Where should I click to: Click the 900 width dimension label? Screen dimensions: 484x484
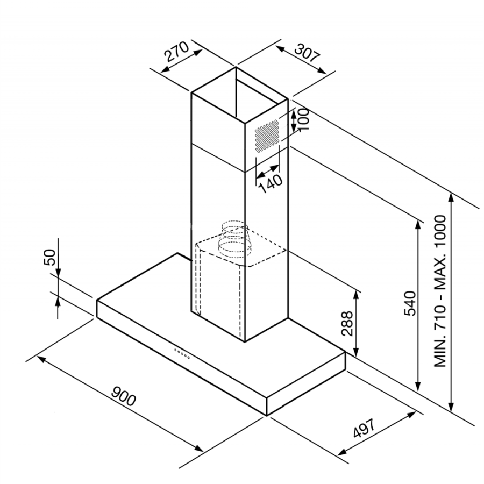pos(123,396)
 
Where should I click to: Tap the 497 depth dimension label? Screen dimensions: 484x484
pos(364,428)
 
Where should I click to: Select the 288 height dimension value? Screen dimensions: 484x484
pos(347,324)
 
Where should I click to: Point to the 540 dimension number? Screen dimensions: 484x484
pos(410,303)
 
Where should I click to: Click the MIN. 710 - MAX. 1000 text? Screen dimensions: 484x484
pos(440,291)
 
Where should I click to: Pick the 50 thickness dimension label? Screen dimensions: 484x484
pos(49,257)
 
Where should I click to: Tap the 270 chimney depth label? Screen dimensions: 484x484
pos(176,51)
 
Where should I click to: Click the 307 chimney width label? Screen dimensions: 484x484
pos(307,53)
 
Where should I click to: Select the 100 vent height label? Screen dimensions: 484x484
pos(304,119)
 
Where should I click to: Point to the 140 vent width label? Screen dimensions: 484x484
pos(271,183)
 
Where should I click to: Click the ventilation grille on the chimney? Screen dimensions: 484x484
pos(267,136)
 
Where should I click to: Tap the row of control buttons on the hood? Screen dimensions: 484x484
pos(182,353)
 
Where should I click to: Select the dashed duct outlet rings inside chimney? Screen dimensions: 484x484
pos(233,239)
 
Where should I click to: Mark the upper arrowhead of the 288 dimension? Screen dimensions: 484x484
pos(356,295)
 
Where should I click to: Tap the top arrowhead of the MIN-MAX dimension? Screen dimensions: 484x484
pos(451,197)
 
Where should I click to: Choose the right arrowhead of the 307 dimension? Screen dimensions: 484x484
pos(322,71)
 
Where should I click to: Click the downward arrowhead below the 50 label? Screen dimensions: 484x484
pos(58,273)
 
